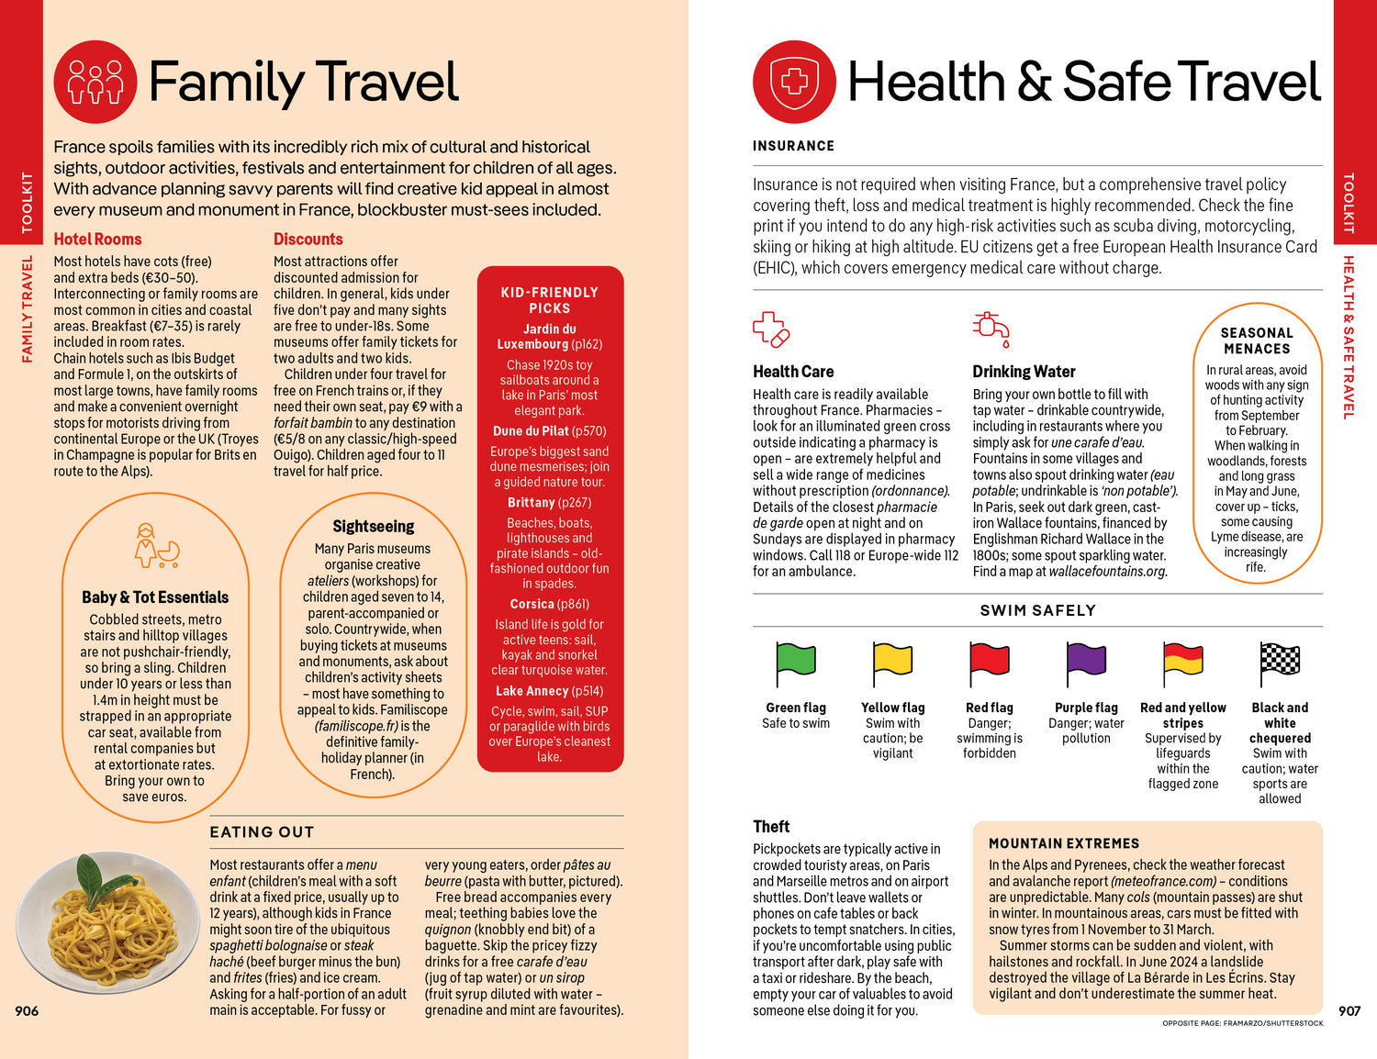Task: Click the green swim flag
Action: [796, 659]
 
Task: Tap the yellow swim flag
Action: [893, 659]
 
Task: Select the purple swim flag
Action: [1086, 659]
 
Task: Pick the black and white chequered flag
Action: [1280, 659]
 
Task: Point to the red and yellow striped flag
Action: [1182, 659]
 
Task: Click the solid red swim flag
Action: [990, 659]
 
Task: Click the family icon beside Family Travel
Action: [95, 82]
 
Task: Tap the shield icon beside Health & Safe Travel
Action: [794, 82]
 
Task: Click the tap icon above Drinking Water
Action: [991, 329]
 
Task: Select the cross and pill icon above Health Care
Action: [771, 329]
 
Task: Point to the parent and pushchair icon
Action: [155, 546]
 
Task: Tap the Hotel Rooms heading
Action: [97, 239]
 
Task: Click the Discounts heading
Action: [308, 239]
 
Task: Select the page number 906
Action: [27, 1010]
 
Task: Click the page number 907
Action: [1349, 1010]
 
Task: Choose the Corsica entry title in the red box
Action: [531, 604]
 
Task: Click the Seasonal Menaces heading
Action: [1257, 340]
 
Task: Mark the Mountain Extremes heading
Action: [1064, 843]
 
